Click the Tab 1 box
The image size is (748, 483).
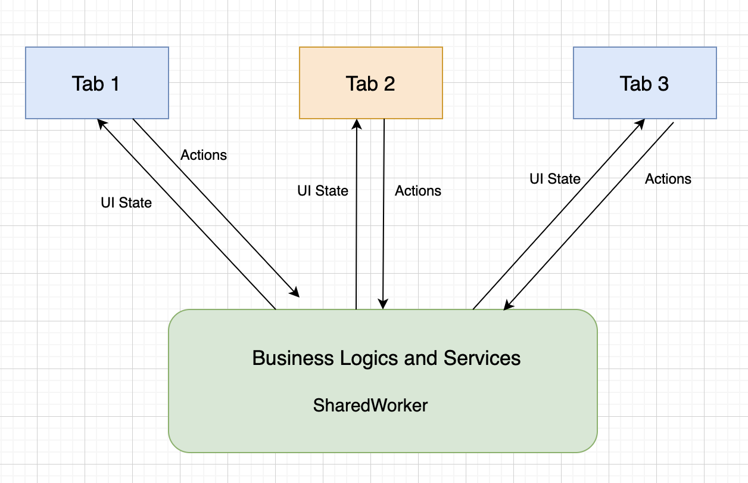(x=96, y=83)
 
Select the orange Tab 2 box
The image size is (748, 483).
(x=370, y=83)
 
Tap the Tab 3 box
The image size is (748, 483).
(x=644, y=83)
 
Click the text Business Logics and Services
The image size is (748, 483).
(x=386, y=358)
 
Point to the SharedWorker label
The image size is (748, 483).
(x=370, y=405)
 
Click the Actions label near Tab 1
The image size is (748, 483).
(x=204, y=155)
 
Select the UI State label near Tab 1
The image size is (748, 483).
(x=126, y=203)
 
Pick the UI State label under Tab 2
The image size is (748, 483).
(x=323, y=191)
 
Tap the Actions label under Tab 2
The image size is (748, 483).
(x=418, y=191)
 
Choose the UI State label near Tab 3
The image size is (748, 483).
(x=555, y=179)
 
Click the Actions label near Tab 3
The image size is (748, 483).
(x=668, y=179)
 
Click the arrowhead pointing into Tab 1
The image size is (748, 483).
(x=101, y=122)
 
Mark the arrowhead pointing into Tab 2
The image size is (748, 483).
(x=357, y=123)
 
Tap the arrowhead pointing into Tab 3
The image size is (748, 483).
(x=641, y=122)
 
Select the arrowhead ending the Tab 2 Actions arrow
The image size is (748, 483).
(x=383, y=304)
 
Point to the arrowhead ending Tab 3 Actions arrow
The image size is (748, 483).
(x=508, y=306)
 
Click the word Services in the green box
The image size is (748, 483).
(x=482, y=358)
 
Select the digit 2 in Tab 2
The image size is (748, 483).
(x=388, y=83)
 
